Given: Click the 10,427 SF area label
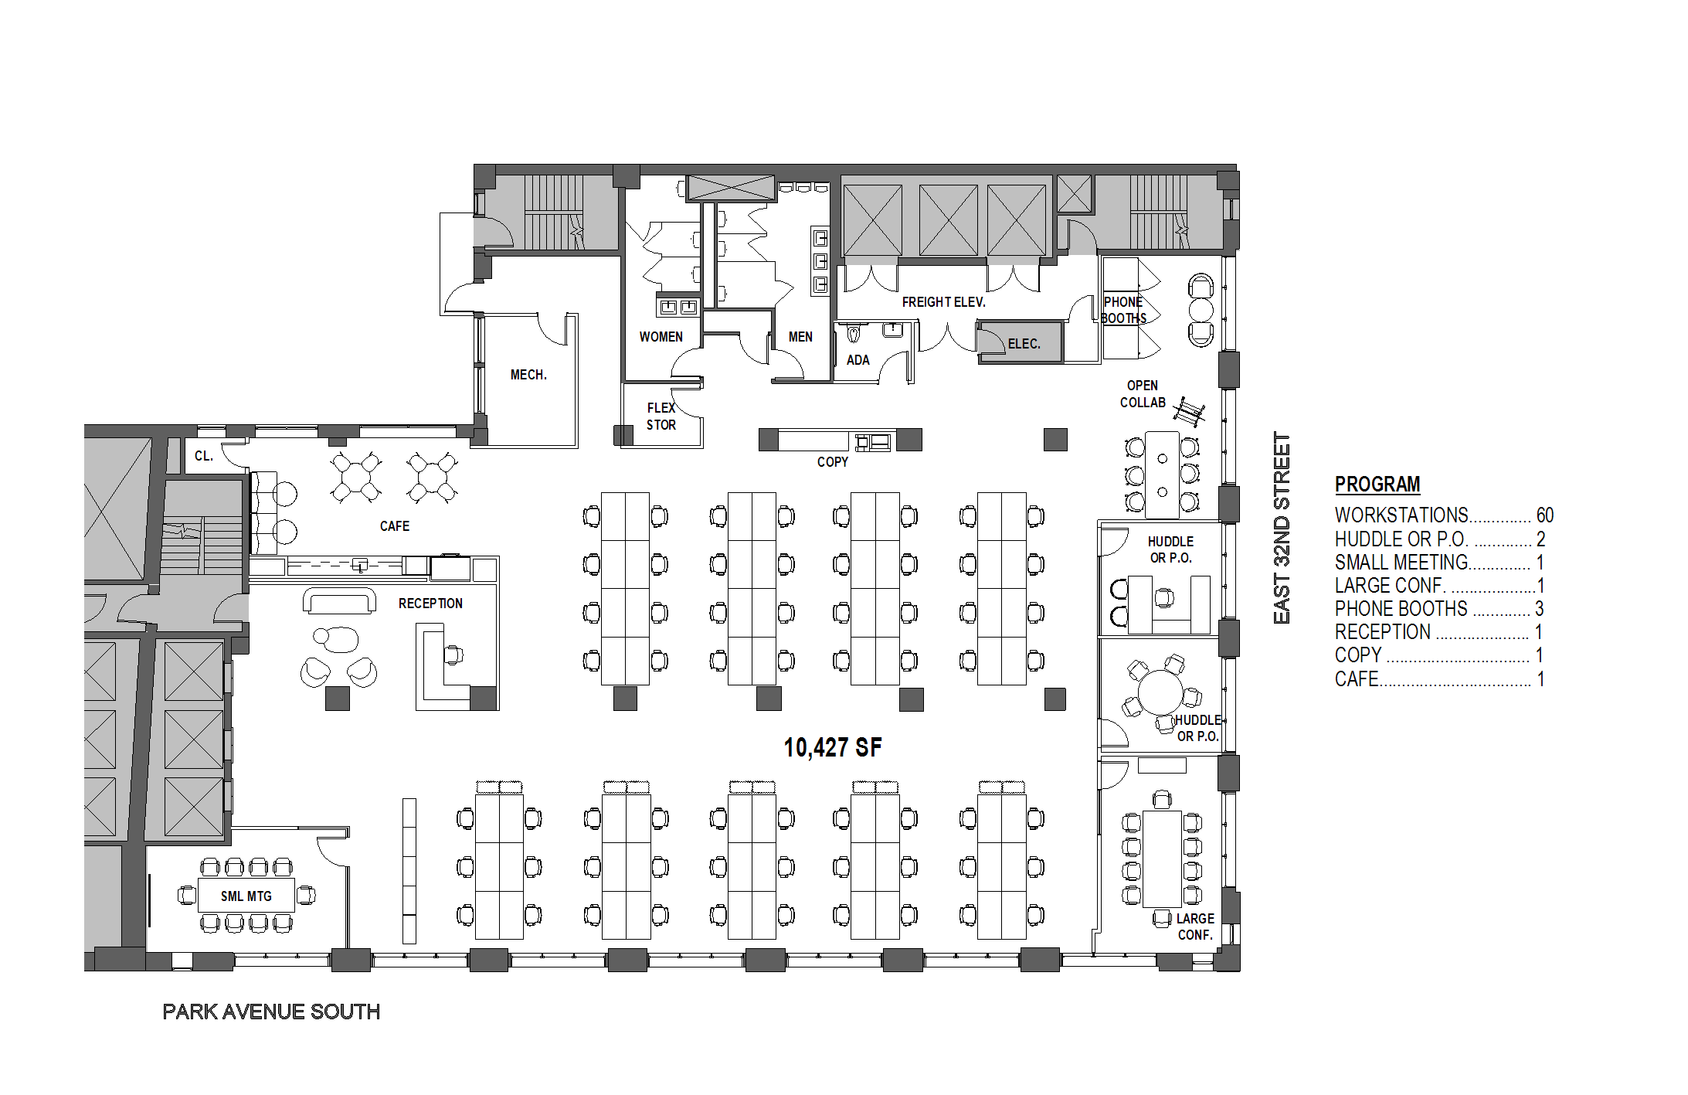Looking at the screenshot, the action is tap(832, 747).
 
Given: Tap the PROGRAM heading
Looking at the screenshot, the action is tap(1377, 485).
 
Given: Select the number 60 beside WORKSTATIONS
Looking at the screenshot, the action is tap(1544, 515).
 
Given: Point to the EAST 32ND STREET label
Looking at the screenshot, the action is tap(1282, 528).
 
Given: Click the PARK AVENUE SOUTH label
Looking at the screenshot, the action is tap(271, 1012).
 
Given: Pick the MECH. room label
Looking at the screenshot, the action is tap(528, 375).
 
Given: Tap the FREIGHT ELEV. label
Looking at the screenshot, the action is tap(944, 302).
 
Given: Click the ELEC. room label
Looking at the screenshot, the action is tap(1024, 344).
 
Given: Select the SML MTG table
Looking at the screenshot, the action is tap(246, 895).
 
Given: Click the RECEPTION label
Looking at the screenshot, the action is tap(430, 604).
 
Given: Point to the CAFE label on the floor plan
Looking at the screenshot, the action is tap(395, 526).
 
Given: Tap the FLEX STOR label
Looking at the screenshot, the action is tap(661, 417).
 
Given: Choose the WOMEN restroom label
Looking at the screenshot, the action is tap(661, 337).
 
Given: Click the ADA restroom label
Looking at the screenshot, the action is tap(858, 360).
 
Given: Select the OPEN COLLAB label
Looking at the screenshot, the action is tap(1143, 394).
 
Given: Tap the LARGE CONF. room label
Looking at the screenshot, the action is tap(1195, 927).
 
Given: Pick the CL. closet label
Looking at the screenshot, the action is tap(204, 456).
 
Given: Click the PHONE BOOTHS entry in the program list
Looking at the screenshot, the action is tap(1401, 609).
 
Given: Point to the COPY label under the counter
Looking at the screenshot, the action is tap(832, 462).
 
